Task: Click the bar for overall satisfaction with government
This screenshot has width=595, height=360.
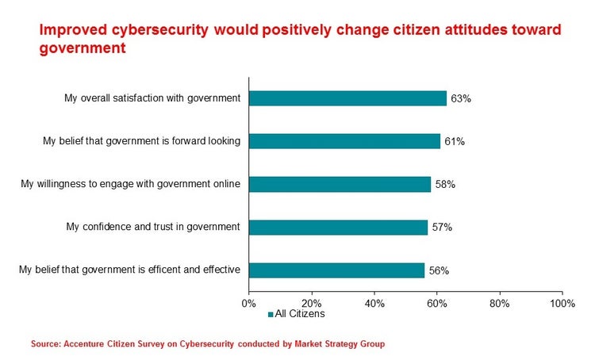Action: (347, 98)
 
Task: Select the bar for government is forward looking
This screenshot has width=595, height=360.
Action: (344, 141)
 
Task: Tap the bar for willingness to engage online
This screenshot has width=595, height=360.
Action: (340, 184)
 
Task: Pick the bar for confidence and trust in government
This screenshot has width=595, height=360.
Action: (338, 227)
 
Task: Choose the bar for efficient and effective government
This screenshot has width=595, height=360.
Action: (336, 270)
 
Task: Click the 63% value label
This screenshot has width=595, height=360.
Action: (461, 99)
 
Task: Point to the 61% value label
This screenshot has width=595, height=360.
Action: (455, 142)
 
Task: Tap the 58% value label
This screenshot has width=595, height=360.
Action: (445, 185)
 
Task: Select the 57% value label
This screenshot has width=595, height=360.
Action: (442, 228)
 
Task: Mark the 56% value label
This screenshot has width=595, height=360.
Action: (439, 270)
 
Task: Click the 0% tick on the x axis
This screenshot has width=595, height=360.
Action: (248, 303)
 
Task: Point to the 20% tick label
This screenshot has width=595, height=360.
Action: (311, 303)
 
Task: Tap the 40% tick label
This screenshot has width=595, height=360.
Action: (374, 303)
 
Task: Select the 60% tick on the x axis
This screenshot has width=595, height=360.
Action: (437, 303)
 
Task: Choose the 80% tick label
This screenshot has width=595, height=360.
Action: (500, 303)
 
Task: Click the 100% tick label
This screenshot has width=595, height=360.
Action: (562, 303)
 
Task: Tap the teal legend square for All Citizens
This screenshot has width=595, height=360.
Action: (271, 315)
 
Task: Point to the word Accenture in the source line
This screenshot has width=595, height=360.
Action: (86, 344)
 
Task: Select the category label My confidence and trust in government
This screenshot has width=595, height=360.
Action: (153, 227)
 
